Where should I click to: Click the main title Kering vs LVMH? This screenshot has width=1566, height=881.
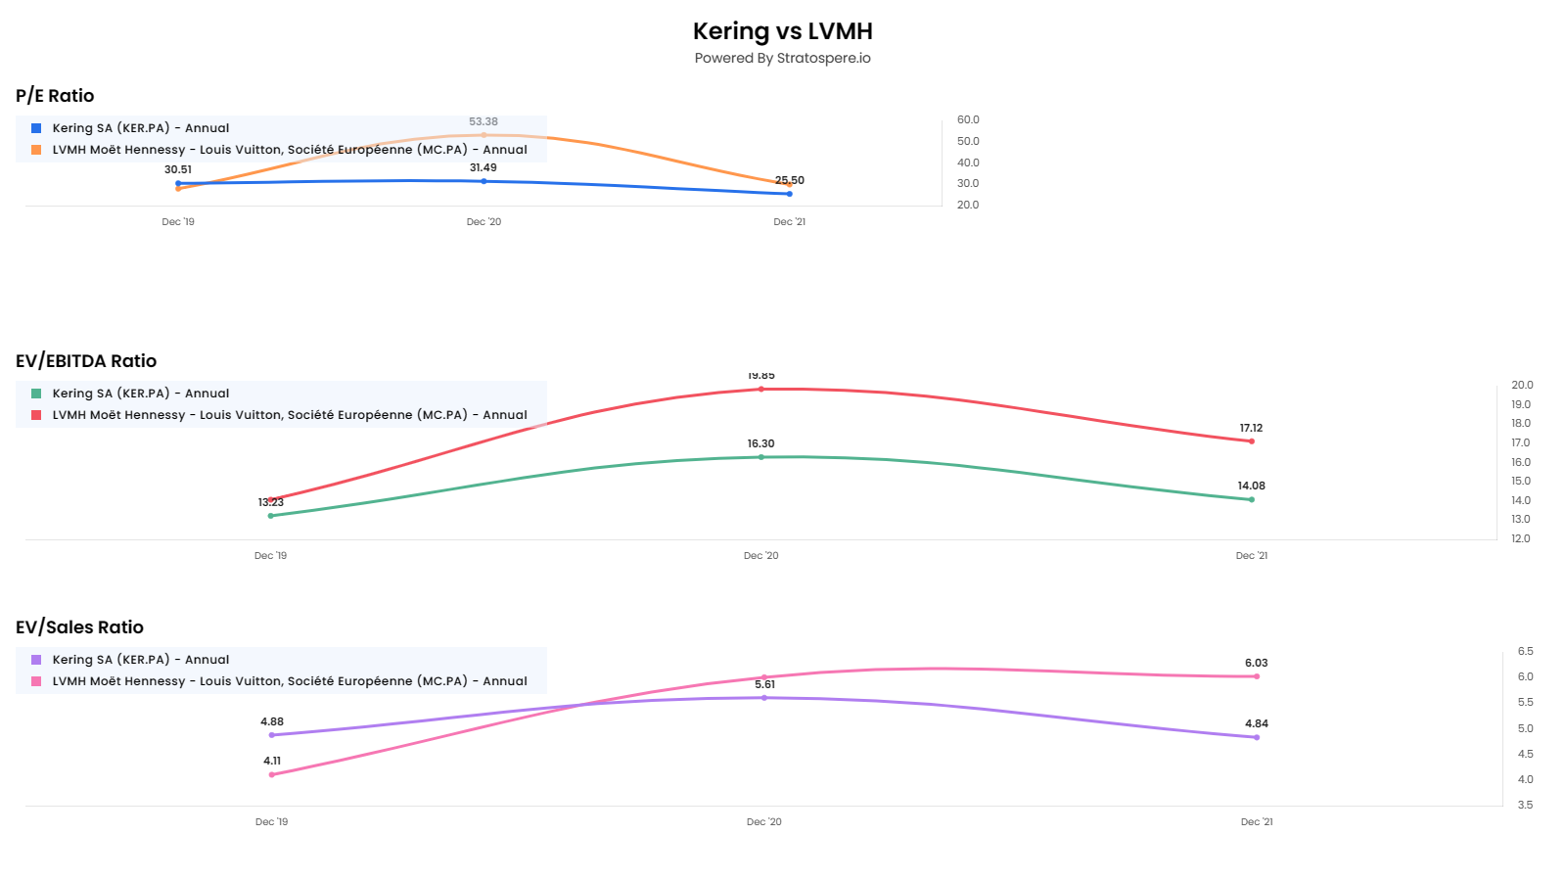tap(782, 31)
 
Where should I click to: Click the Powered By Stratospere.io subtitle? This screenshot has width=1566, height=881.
tap(782, 58)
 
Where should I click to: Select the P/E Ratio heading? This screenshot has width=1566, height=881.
tap(55, 96)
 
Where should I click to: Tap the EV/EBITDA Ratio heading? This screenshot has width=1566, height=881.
tap(86, 361)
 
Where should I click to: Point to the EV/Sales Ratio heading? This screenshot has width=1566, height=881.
tap(79, 627)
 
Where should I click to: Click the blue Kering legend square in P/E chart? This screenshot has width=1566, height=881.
tap(36, 128)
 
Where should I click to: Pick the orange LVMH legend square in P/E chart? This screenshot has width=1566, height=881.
tap(36, 150)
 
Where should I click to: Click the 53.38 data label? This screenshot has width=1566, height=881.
tap(484, 122)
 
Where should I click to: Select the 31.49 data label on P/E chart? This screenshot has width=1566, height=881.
tap(484, 168)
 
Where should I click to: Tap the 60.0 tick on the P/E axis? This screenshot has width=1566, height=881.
tap(968, 119)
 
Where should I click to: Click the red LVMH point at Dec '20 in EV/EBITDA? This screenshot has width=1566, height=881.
tap(761, 390)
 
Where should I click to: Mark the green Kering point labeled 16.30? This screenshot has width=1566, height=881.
tap(761, 457)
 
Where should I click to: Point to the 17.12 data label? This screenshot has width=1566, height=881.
tap(1251, 429)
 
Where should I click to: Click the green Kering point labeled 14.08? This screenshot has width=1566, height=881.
tap(1251, 499)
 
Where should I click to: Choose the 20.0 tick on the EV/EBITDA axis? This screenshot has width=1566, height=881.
tap(1522, 385)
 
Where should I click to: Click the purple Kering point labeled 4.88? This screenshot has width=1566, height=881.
tap(272, 735)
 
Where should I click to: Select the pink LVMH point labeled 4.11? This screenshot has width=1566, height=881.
tap(272, 774)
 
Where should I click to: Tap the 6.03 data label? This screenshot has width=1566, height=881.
tap(1257, 664)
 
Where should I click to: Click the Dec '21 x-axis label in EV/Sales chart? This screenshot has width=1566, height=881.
tap(1257, 822)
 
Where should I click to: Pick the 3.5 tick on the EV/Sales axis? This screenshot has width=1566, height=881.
tap(1525, 805)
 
